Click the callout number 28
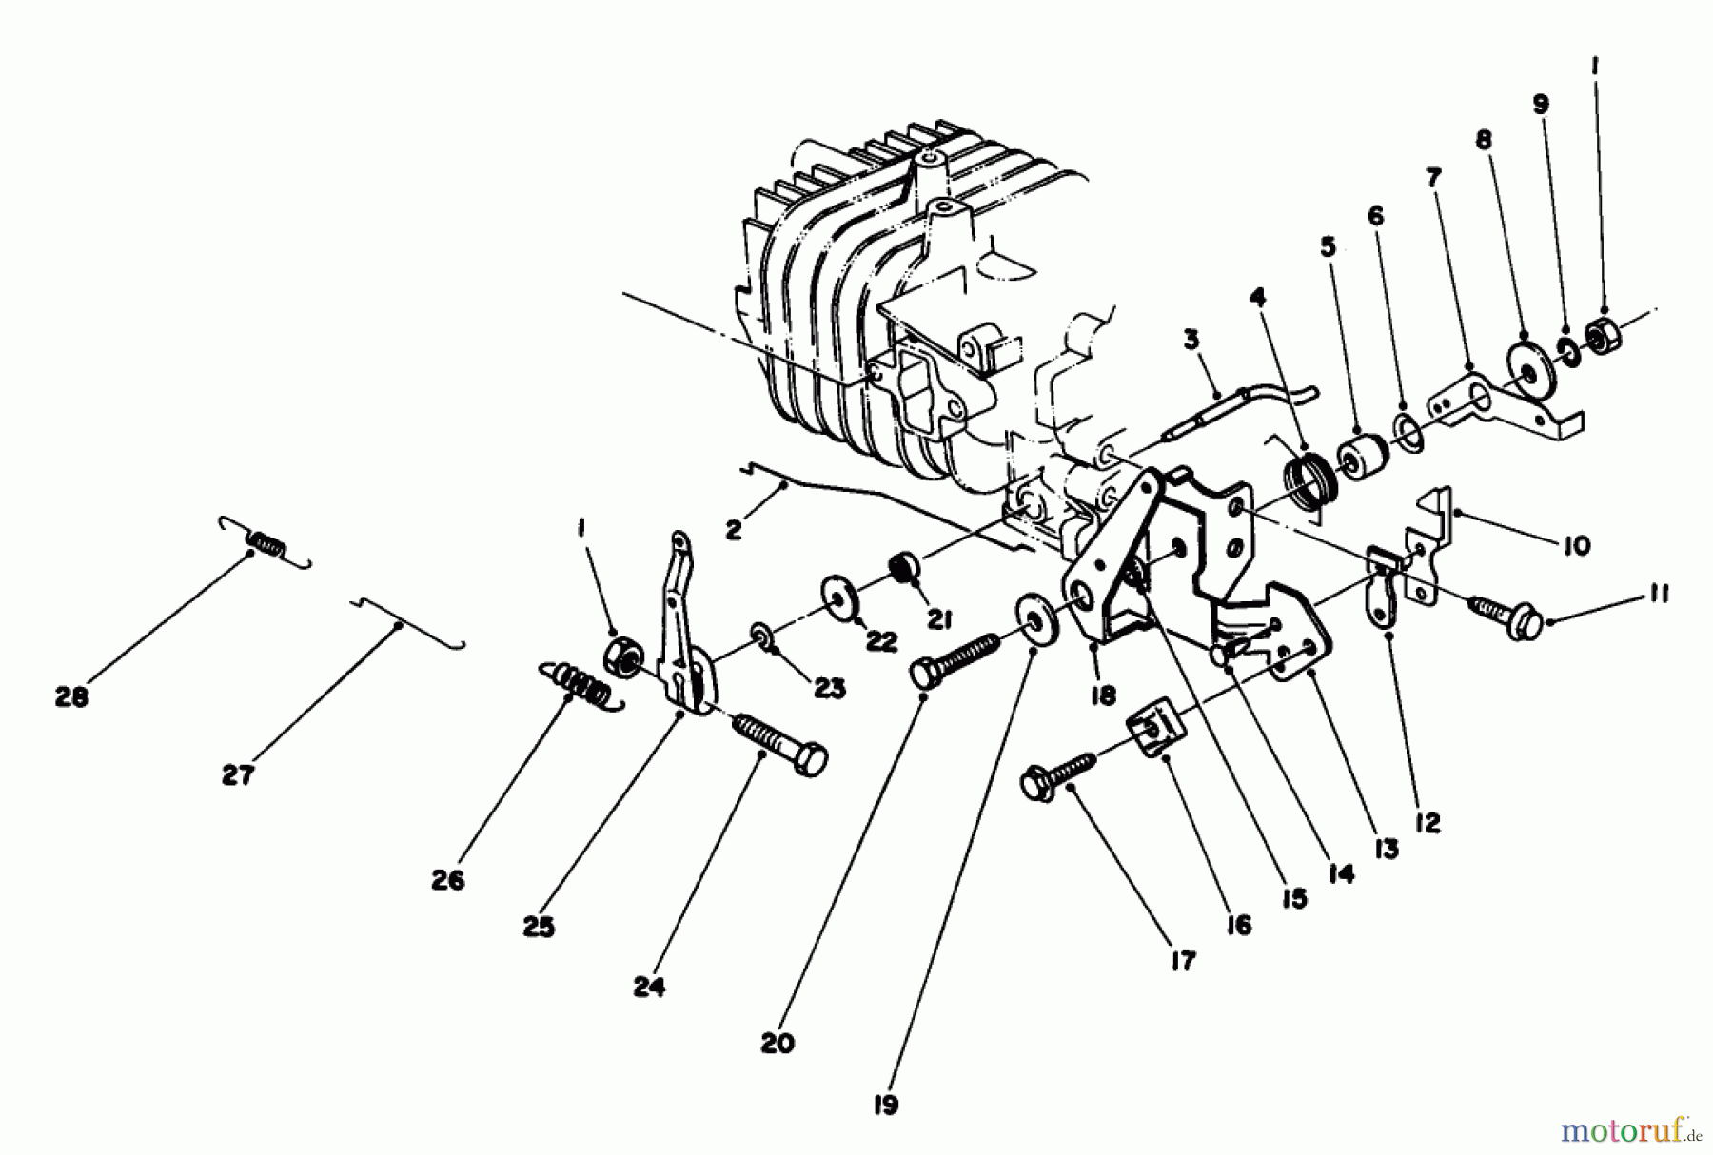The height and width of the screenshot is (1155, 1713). [x=71, y=697]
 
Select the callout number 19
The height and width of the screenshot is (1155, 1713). [x=885, y=1106]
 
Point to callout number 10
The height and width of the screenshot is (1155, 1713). [x=1577, y=545]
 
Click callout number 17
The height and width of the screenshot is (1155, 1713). [x=1182, y=962]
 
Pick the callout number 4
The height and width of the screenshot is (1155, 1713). [x=1258, y=298]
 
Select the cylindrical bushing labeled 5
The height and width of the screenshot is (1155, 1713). [x=1362, y=457]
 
